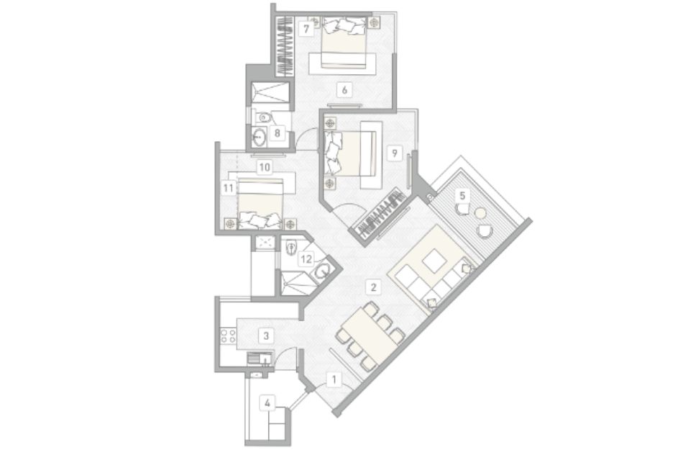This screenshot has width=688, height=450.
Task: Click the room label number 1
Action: (x=334, y=379)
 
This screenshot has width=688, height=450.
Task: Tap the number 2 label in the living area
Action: (x=373, y=288)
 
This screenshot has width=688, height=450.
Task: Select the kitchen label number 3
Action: (x=266, y=336)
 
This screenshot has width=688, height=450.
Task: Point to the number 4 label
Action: (x=267, y=402)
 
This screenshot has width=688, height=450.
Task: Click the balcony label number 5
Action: (x=462, y=195)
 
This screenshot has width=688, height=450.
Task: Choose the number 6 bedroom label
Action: (x=344, y=90)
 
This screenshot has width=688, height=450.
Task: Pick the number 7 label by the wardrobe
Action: (x=306, y=29)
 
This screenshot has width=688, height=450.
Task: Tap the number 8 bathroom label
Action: (x=278, y=132)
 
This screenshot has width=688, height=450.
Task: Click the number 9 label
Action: (x=395, y=153)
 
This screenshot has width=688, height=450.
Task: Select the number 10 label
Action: (x=265, y=167)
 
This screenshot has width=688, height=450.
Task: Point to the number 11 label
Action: (x=228, y=189)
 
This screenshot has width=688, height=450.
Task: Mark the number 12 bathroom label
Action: (x=306, y=259)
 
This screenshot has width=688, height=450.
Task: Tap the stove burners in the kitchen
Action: (x=228, y=336)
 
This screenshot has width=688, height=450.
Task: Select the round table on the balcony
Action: (x=481, y=214)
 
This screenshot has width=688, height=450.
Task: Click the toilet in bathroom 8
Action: (x=264, y=118)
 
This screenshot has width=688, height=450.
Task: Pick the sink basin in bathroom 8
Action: (x=260, y=137)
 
